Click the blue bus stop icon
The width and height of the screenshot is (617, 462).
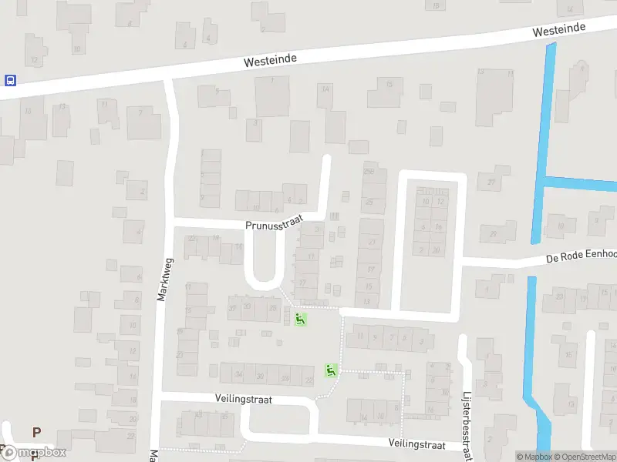[x=10, y=80]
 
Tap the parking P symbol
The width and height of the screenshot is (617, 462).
[x=35, y=433]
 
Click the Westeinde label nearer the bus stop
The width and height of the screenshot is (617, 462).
[x=270, y=59]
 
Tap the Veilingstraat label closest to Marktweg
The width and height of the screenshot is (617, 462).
[x=244, y=400]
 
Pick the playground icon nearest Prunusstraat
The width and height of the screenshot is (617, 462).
[x=300, y=318]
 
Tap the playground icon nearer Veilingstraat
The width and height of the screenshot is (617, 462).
[x=331, y=370]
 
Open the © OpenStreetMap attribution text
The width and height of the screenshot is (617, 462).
[x=585, y=457]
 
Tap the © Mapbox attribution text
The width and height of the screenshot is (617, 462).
[x=536, y=457]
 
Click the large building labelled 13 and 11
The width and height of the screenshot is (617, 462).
[x=494, y=96]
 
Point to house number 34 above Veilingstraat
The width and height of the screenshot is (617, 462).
[x=240, y=375]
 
